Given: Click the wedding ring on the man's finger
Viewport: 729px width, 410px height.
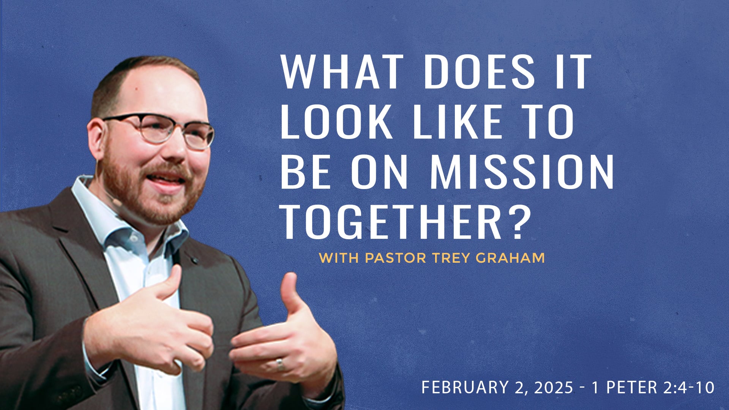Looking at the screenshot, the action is point(280,364).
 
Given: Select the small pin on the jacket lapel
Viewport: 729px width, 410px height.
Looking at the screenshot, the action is point(195,260).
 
